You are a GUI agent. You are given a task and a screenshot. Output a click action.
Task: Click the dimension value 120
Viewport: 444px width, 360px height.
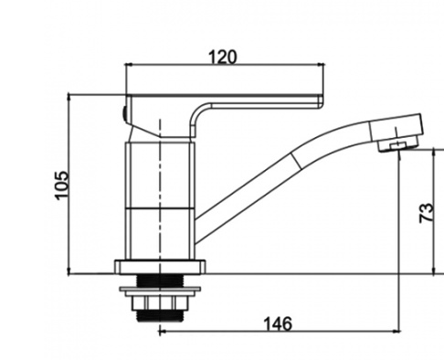click(222, 57)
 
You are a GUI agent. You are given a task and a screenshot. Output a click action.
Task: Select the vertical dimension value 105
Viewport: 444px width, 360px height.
click(61, 185)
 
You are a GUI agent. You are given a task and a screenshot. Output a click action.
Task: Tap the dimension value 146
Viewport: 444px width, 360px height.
click(278, 323)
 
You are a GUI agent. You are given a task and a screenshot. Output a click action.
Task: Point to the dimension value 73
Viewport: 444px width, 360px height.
click(427, 213)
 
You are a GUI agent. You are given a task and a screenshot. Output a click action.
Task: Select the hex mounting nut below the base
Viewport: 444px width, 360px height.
click(160, 303)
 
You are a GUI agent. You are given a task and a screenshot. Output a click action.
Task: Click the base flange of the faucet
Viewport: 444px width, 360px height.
click(160, 267)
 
